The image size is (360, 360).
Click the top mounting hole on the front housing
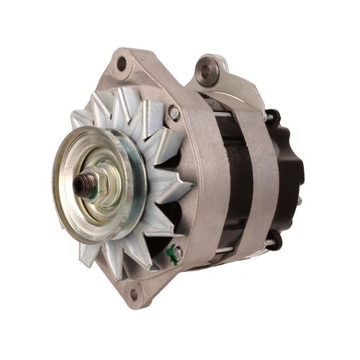[122, 65]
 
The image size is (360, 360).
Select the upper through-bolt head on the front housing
[174, 112]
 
